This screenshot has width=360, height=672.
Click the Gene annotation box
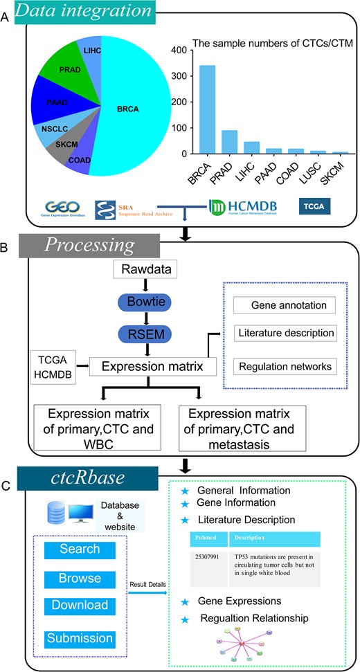coord(285,305)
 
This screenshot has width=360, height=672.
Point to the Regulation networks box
coord(284,365)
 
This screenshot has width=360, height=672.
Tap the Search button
coord(80,550)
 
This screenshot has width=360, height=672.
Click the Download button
coord(80,606)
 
